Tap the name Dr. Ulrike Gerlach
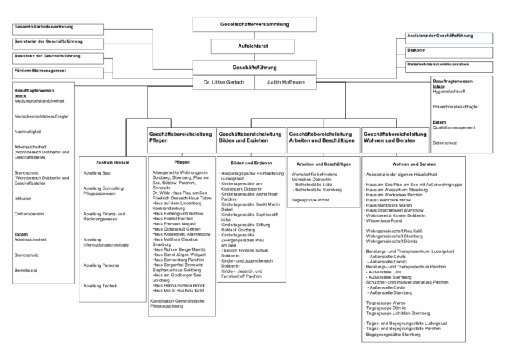tap(223, 82)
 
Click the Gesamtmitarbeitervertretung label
tap(43, 27)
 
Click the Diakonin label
tap(417, 50)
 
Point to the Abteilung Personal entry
tap(102, 265)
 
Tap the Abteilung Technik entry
tap(100, 286)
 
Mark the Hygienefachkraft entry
tap(449, 92)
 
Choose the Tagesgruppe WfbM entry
tap(310, 199)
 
